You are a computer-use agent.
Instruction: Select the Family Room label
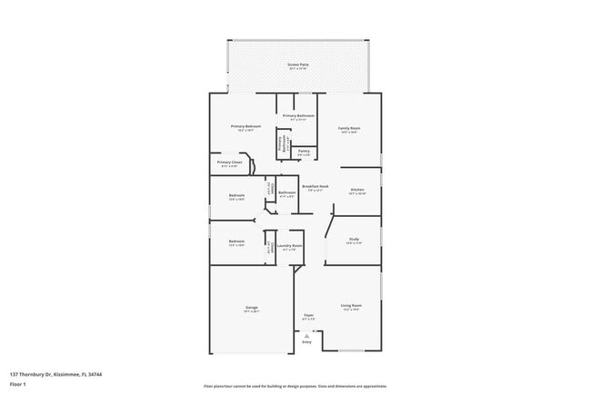click(x=349, y=129)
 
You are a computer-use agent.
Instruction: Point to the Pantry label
click(x=304, y=152)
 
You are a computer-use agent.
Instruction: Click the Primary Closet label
click(x=229, y=163)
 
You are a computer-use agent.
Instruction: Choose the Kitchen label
click(x=356, y=190)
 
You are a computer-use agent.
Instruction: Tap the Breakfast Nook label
click(x=316, y=187)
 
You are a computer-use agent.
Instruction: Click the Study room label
click(x=354, y=241)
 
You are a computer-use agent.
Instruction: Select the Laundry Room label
click(x=290, y=246)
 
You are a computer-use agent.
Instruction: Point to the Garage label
click(x=251, y=309)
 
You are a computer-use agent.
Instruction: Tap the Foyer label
click(x=308, y=317)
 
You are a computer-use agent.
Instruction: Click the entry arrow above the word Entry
click(x=306, y=334)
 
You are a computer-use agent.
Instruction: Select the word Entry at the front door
click(x=306, y=341)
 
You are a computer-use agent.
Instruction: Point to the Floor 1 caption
click(x=18, y=384)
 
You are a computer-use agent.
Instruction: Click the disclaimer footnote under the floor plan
click(x=295, y=385)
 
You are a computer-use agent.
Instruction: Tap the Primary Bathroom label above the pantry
click(x=298, y=116)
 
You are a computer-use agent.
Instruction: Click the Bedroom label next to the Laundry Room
click(x=236, y=241)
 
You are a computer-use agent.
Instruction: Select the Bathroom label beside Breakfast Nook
click(x=287, y=192)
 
